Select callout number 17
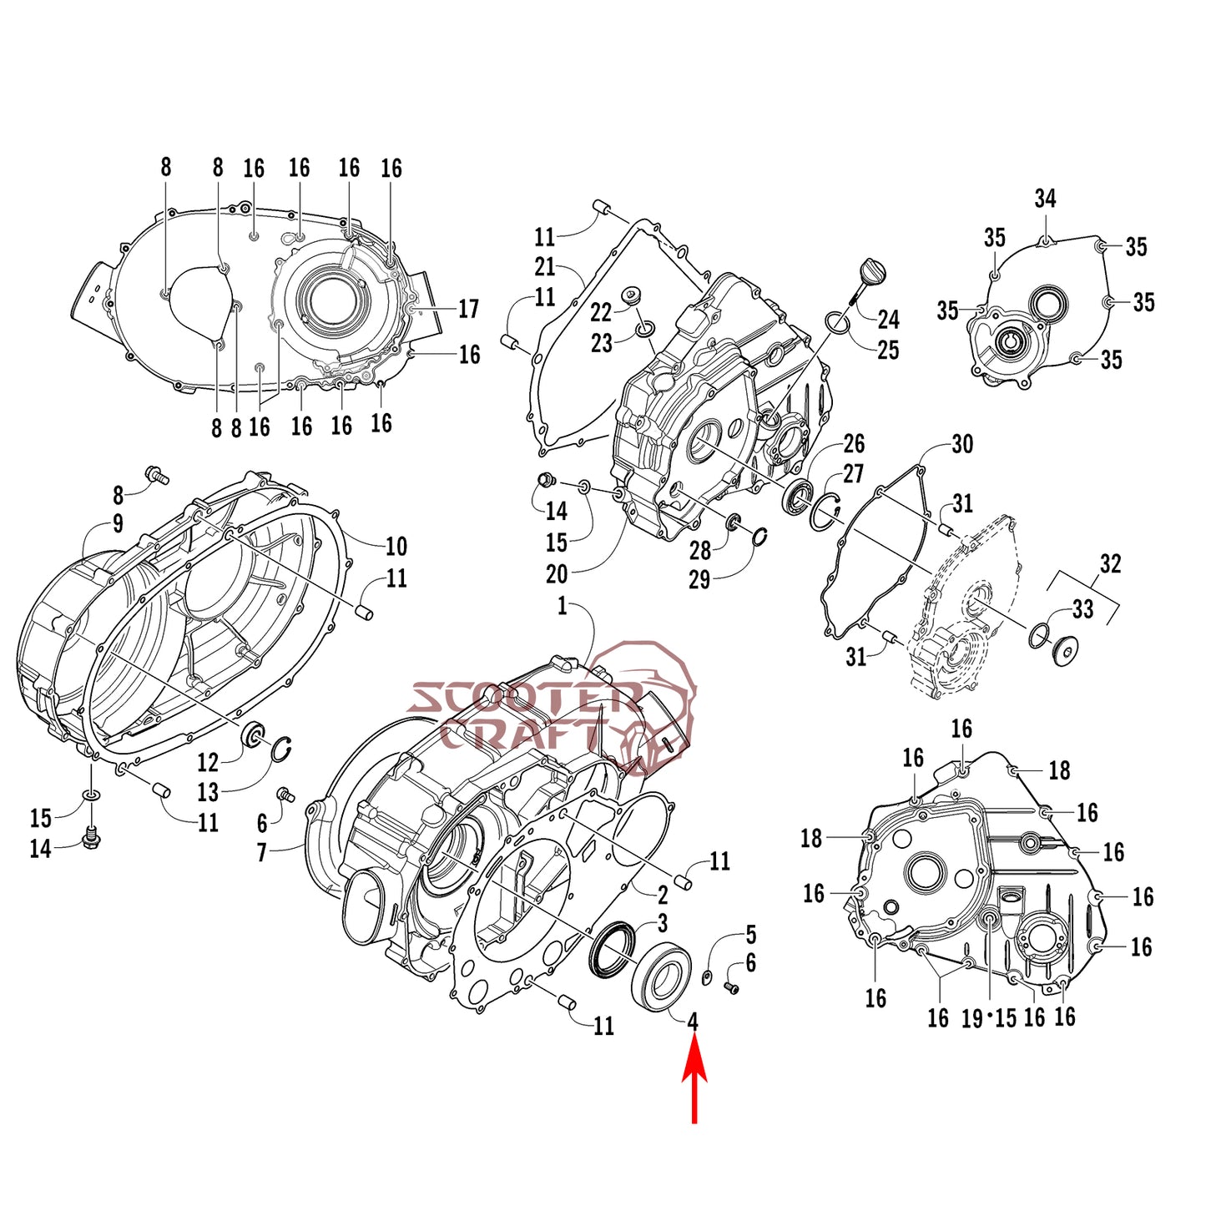[x=468, y=309]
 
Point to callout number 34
[x=1045, y=199]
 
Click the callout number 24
[x=888, y=320]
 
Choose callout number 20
[x=557, y=574]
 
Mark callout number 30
[x=962, y=444]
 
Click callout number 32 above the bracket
[x=1110, y=564]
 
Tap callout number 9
[x=119, y=523]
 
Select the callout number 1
[x=562, y=606]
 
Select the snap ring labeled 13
[x=282, y=749]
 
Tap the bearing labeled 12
[x=255, y=734]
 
